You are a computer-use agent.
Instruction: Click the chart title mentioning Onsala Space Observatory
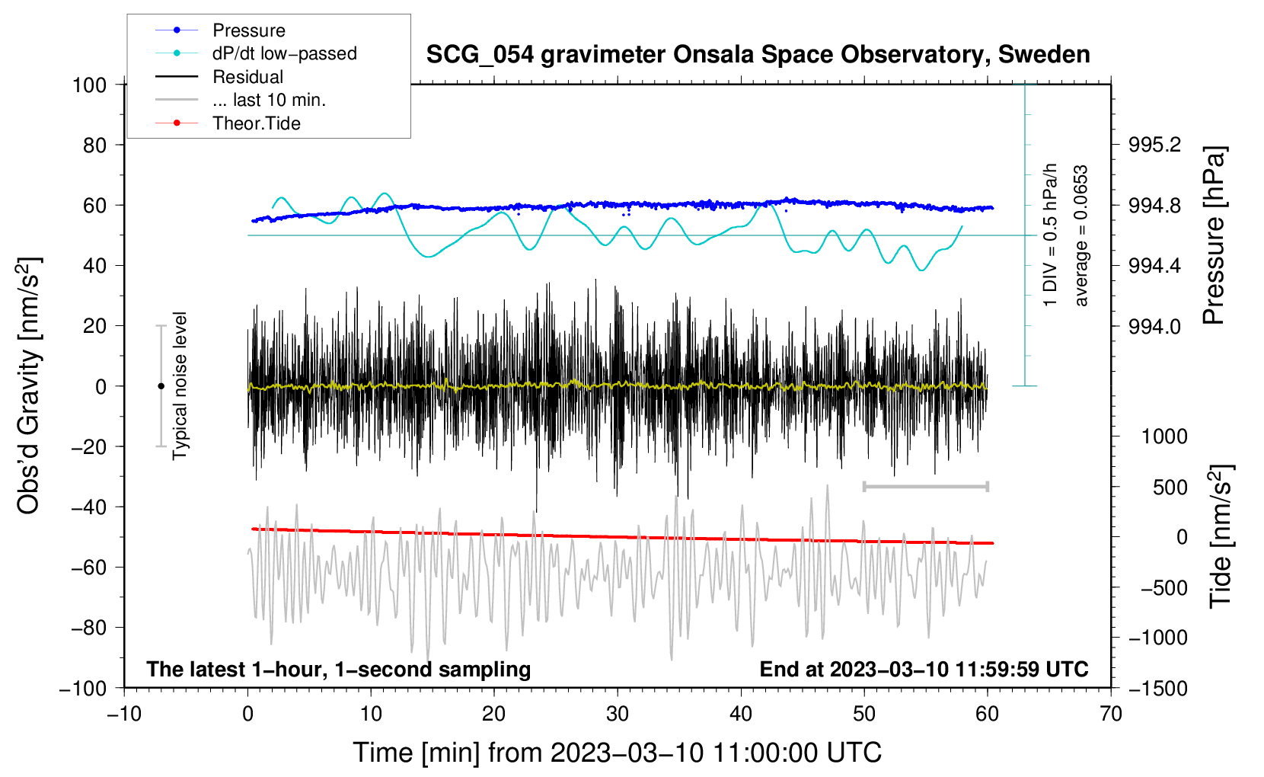758,55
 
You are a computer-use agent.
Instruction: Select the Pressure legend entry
248,30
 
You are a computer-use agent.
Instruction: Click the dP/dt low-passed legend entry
284,53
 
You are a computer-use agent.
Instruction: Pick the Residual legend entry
247,77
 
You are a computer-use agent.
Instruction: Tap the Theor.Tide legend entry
256,123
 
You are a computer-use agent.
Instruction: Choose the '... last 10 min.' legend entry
269,100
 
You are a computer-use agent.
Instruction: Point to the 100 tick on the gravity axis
89,85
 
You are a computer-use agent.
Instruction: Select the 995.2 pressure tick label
1154,145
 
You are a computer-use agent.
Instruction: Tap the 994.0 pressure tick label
1154,326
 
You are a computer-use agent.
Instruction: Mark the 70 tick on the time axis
1111,714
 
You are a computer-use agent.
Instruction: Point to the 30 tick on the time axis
618,714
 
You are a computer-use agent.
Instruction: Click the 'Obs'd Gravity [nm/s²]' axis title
29,386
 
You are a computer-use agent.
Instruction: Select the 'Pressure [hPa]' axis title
1214,236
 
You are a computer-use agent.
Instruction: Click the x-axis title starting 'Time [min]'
617,753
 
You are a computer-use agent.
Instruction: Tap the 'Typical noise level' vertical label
180,385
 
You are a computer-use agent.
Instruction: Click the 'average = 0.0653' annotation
1081,236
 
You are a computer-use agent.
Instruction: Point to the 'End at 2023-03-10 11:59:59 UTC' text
924,669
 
